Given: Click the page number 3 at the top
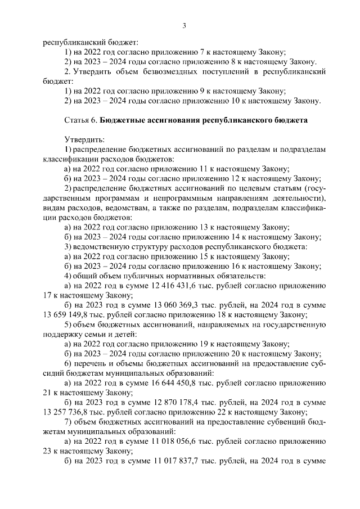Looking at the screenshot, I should point(184,25).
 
